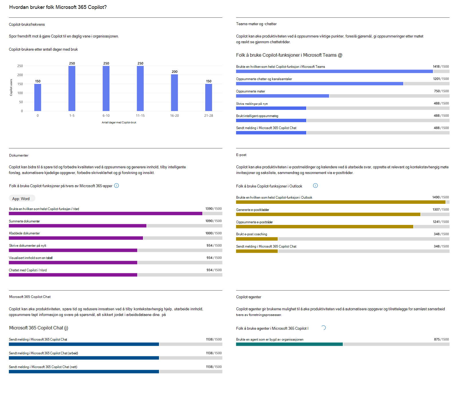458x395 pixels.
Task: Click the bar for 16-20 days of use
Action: (x=174, y=93)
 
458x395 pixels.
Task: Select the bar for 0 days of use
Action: (x=37, y=97)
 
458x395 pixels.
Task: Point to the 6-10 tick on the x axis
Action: (x=106, y=116)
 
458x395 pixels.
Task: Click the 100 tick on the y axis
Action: (x=20, y=93)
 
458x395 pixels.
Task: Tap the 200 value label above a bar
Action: (x=175, y=72)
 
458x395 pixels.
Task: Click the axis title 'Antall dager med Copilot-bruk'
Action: (x=119, y=123)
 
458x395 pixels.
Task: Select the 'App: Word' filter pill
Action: (x=21, y=199)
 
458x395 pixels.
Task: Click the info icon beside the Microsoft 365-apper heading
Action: (x=117, y=185)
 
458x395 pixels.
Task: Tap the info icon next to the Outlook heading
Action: (x=315, y=185)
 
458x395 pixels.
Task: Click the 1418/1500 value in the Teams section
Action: (x=441, y=66)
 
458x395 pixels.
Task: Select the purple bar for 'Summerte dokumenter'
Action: (x=78, y=226)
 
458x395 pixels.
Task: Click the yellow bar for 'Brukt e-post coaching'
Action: (x=257, y=239)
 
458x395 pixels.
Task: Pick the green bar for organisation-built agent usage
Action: (x=289, y=344)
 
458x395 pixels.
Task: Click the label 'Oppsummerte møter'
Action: (x=250, y=91)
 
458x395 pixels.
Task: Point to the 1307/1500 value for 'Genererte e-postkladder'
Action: (x=441, y=210)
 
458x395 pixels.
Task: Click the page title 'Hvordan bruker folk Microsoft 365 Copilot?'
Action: (x=58, y=7)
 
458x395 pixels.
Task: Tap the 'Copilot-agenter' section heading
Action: (x=248, y=297)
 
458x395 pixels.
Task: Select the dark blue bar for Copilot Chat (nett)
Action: (x=84, y=372)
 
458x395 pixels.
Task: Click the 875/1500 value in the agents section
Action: (x=441, y=339)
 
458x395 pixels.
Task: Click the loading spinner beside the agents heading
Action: (x=323, y=328)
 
